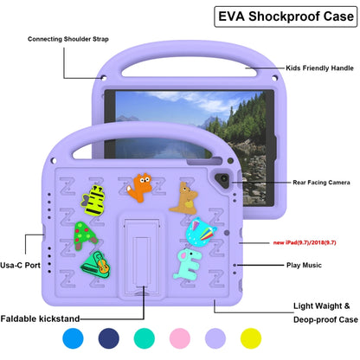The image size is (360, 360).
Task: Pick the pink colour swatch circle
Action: coord(183,340)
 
